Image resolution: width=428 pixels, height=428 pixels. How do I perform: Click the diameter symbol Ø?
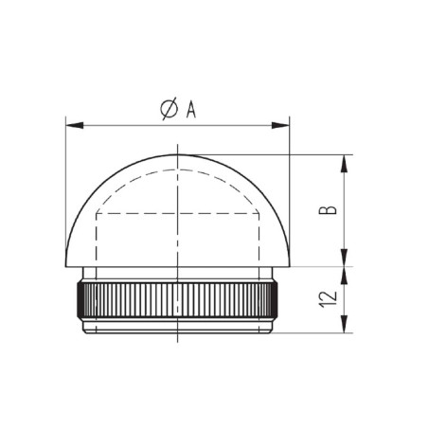[168, 111]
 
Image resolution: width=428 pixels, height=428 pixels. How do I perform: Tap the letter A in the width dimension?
[190, 111]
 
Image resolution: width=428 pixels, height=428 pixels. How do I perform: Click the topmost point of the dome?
[177, 154]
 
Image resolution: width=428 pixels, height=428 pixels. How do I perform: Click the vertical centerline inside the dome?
[177, 237]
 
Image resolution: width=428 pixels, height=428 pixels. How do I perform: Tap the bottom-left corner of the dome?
[66, 266]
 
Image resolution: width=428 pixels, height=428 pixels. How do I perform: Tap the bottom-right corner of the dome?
[289, 266]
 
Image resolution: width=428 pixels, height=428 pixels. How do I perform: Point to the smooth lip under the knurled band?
[177, 327]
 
